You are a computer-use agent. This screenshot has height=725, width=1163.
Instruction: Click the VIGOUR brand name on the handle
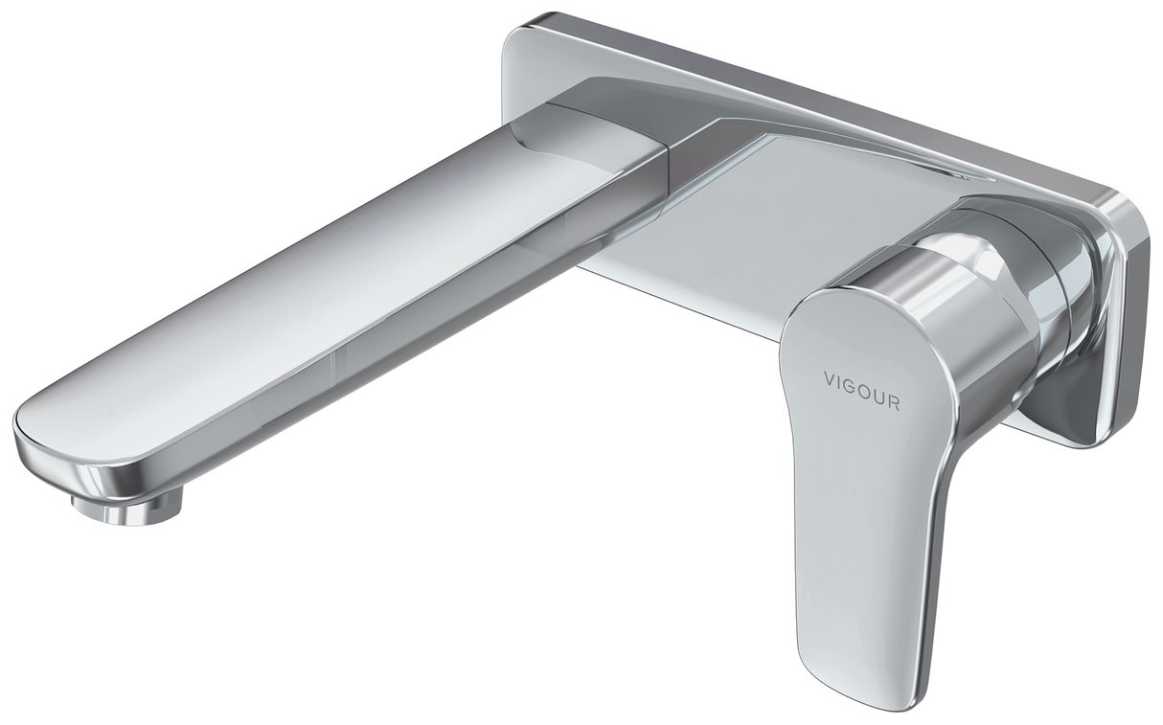861,390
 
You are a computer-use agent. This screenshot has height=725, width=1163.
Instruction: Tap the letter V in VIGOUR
830,378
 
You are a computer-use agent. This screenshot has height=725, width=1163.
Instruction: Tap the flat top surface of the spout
316,287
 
